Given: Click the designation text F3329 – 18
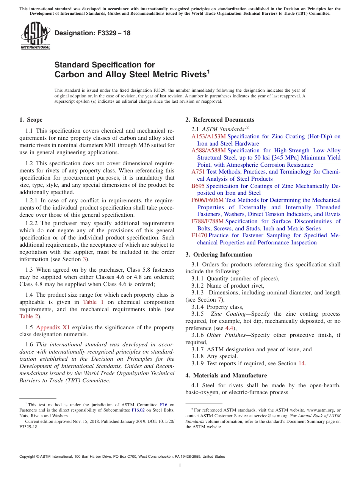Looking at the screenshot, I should click(x=92, y=33).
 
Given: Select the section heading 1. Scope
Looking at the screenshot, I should click(x=31, y=120).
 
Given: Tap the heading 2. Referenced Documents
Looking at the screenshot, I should click(x=220, y=120).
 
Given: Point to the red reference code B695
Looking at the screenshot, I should click(x=198, y=186).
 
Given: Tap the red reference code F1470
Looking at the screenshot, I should click(x=199, y=235).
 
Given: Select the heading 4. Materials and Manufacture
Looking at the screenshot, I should click(x=226, y=376).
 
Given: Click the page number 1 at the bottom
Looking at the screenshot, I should click(x=180, y=466).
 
